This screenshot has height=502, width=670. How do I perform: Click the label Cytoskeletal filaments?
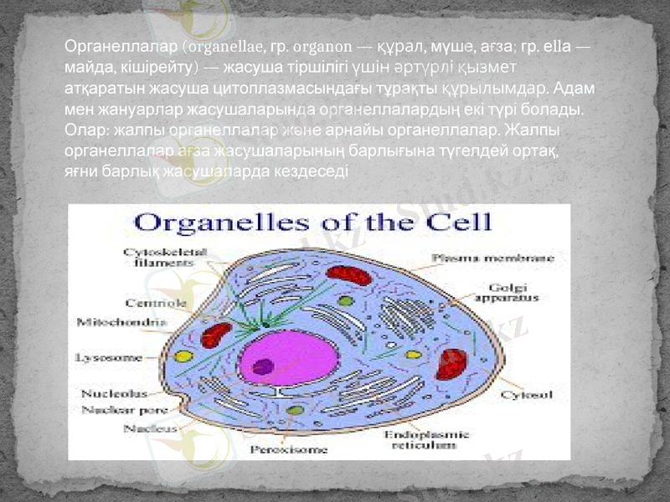click(x=153, y=256)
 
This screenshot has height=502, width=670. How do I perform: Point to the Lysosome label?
click(x=109, y=357)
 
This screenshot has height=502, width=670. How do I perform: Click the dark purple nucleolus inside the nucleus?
click(x=264, y=366)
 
